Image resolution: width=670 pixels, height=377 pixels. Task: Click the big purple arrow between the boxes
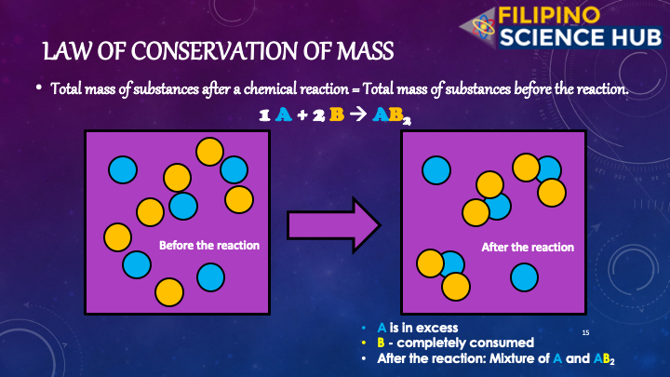[334, 225]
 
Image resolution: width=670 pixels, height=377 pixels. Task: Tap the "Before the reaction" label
[209, 246]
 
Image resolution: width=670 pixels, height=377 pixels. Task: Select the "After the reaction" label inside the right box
[528, 247]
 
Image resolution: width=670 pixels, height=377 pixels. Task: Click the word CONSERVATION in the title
[215, 51]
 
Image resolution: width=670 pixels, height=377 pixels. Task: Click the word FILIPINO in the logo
[549, 16]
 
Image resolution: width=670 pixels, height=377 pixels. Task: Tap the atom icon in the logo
[483, 26]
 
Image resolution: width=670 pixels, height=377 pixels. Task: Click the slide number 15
[585, 332]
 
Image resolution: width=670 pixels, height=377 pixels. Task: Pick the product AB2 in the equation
[392, 115]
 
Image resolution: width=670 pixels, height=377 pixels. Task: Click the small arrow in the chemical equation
[358, 114]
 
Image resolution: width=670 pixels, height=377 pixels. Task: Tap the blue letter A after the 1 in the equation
[283, 114]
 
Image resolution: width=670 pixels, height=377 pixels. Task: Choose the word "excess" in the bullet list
[435, 328]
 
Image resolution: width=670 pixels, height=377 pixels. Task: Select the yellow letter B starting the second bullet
[381, 343]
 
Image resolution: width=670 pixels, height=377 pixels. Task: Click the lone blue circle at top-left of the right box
[436, 170]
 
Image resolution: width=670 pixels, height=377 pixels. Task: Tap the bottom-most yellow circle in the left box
[169, 292]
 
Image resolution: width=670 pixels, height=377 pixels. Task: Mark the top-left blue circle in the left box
[123, 169]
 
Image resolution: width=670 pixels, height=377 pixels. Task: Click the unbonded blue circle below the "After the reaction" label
[524, 277]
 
